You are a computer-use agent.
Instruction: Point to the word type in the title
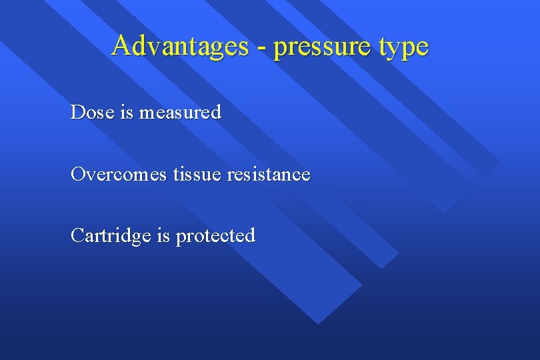[402, 48]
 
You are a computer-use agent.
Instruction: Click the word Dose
[93, 112]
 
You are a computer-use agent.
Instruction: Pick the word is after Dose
[127, 112]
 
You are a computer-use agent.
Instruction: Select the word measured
[180, 113]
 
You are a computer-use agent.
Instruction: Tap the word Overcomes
[119, 174]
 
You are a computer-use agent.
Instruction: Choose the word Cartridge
[111, 236]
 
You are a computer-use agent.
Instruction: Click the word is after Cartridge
[163, 235]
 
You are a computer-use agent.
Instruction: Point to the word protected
[215, 237]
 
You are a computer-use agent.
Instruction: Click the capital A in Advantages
[122, 45]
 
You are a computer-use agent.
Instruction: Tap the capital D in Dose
[77, 112]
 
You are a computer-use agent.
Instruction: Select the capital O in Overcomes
[78, 174]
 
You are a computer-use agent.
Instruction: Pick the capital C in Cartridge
[77, 235]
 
